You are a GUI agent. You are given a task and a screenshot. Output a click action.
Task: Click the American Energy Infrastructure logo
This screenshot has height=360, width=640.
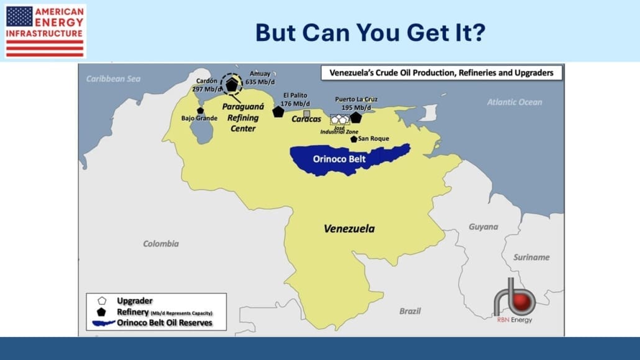(x=45, y=32)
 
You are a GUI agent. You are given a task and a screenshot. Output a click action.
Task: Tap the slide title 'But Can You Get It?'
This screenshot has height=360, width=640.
(x=370, y=32)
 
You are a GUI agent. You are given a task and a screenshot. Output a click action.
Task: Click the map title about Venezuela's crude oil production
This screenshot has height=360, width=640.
(x=441, y=73)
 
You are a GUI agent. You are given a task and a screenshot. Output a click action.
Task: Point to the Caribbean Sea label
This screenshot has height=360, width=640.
(x=113, y=79)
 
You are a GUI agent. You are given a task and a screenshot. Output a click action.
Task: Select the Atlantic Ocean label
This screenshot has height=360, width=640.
(x=514, y=102)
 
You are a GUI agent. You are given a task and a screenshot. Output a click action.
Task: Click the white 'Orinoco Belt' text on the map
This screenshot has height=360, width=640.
(x=339, y=159)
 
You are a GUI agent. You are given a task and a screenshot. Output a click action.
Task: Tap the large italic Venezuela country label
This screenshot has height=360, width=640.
(x=349, y=228)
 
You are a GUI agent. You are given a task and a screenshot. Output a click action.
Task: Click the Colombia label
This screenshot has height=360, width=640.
(x=161, y=244)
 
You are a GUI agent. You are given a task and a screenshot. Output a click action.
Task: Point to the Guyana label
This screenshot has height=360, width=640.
(x=483, y=227)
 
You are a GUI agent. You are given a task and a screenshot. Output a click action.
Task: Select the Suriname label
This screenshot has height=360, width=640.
(x=531, y=257)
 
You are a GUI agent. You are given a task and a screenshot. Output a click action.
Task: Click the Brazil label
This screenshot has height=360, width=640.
(x=410, y=311)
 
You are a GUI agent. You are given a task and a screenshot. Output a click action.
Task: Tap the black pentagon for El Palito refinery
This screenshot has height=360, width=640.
(x=278, y=111)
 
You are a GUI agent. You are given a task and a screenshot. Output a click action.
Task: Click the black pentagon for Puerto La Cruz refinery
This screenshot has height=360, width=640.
(x=356, y=118)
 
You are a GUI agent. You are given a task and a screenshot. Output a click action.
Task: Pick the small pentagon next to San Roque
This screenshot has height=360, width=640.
(x=354, y=139)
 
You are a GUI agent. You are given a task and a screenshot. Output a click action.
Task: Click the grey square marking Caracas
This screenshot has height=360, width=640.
(x=306, y=114)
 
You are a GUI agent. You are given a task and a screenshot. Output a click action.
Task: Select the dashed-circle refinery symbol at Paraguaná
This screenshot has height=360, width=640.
(x=231, y=85)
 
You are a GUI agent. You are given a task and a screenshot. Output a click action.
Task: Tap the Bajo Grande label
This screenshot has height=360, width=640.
(x=199, y=118)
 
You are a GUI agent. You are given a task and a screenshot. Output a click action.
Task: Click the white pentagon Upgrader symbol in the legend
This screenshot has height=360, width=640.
(x=102, y=301)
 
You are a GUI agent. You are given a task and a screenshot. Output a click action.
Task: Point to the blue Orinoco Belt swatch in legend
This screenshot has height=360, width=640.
(x=104, y=323)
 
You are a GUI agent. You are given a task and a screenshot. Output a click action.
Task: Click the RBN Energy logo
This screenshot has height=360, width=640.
(x=514, y=301)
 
